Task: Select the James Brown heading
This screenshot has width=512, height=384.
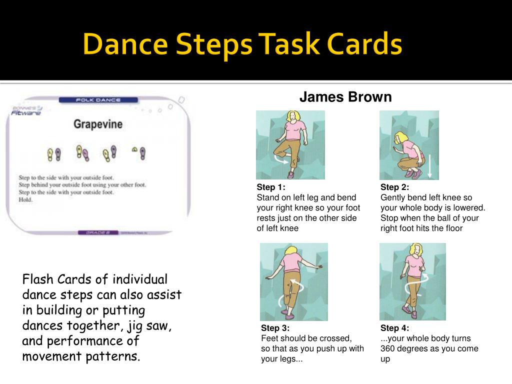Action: tap(345, 97)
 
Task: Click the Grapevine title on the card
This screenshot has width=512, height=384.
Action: tap(98, 123)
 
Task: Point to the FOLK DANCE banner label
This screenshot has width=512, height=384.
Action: tap(98, 100)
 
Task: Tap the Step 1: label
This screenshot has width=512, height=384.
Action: tap(271, 187)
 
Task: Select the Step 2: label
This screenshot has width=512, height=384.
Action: tap(394, 187)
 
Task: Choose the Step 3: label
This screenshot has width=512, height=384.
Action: tap(275, 328)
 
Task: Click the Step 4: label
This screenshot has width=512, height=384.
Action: tap(394, 328)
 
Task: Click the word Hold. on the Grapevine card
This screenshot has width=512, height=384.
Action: tap(25, 199)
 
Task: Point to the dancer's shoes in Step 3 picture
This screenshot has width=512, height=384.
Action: tap(286, 314)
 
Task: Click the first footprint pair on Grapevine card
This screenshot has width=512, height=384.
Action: tap(53, 154)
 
